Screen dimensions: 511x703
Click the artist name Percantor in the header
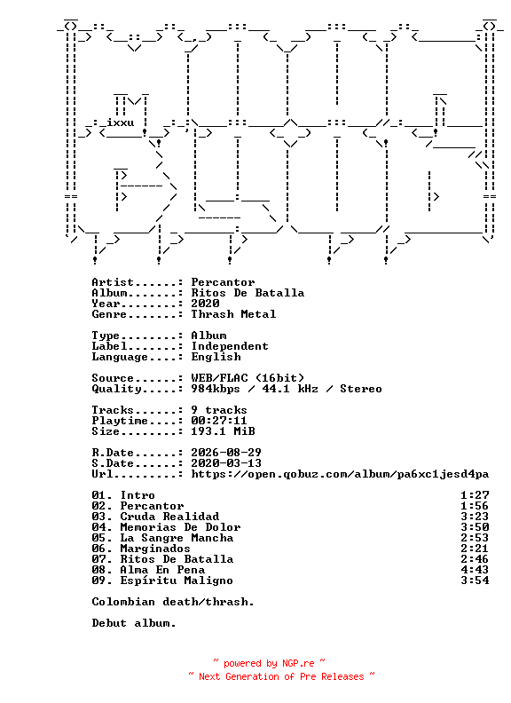(x=223, y=282)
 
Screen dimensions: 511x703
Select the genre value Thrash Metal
(x=233, y=314)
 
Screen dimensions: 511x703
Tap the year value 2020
(x=205, y=304)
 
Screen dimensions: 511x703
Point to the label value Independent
(x=230, y=346)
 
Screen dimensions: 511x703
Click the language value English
(x=216, y=358)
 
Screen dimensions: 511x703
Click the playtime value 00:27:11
(x=219, y=421)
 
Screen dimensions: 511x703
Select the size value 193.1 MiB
(x=223, y=431)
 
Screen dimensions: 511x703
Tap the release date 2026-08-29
(x=226, y=453)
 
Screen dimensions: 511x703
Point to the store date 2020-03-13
(x=226, y=463)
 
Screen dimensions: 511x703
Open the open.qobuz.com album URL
(x=340, y=474)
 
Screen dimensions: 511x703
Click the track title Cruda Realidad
(x=169, y=517)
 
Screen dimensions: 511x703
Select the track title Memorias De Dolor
(x=180, y=527)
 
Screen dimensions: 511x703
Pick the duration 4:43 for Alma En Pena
(x=475, y=570)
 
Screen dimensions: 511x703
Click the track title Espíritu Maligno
(x=177, y=581)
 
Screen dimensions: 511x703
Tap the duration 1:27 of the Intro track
(x=475, y=495)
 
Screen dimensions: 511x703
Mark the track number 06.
(x=98, y=549)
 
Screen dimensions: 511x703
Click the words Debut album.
(x=134, y=623)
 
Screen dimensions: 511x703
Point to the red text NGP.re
(x=299, y=664)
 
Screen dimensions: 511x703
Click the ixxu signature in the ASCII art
(x=120, y=122)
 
